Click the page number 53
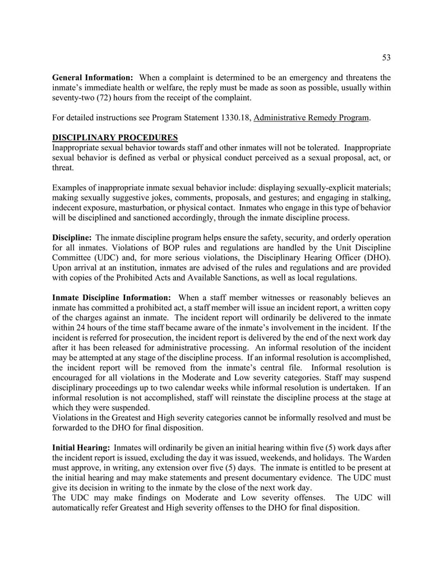(x=386, y=57)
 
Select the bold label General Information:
(x=93, y=77)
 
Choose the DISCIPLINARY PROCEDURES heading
(x=115, y=138)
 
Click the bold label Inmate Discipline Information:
(x=112, y=297)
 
